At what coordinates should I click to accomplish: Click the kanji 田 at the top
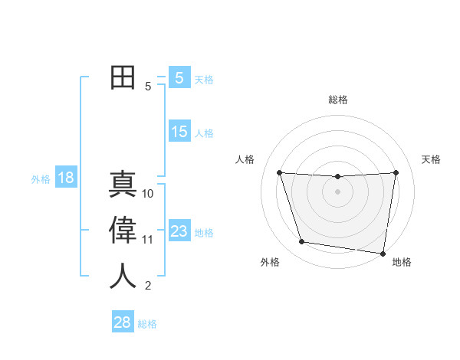123,77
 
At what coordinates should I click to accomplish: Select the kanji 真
123,185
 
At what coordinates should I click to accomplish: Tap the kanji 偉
123,231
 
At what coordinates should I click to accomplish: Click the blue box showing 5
179,78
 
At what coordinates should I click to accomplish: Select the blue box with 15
179,132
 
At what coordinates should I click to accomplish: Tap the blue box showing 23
179,231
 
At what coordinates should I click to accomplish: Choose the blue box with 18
66,178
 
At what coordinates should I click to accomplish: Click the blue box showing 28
122,322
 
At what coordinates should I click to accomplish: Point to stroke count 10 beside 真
148,194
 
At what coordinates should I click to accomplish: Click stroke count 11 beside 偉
148,240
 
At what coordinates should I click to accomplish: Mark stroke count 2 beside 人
148,286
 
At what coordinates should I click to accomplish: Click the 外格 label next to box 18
41,179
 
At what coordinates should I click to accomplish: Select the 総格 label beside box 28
147,323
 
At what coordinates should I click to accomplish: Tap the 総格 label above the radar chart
337,100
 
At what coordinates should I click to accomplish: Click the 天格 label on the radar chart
431,159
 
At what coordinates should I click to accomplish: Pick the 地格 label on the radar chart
402,262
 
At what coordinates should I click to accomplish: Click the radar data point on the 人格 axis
279,172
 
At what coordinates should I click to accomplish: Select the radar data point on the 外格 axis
302,242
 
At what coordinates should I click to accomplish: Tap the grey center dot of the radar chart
337,191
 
